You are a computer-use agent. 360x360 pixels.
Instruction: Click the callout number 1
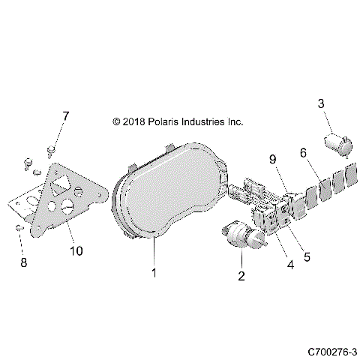pos(154,272)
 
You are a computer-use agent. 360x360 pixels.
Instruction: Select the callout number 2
pos(241,276)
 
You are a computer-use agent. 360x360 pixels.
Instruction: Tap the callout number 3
pos(322,103)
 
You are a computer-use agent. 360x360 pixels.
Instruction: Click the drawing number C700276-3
pos(331,351)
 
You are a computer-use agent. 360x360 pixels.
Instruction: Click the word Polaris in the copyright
pos(169,121)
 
